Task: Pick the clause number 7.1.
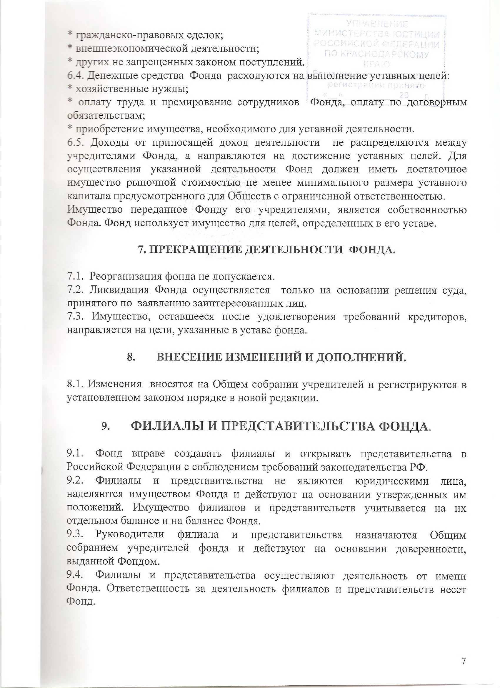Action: pyautogui.click(x=75, y=276)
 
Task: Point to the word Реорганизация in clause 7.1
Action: pyautogui.click(x=124, y=276)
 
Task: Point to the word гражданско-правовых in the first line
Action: pyautogui.click(x=121, y=36)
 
